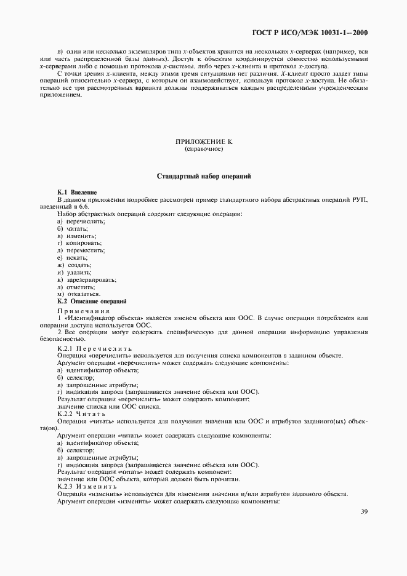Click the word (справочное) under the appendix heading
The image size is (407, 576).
pyautogui.click(x=203, y=150)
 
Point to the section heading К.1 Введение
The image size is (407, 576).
pyautogui.click(x=77, y=193)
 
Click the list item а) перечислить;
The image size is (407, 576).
pyautogui.click(x=81, y=222)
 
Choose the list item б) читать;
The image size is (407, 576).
pyautogui.click(x=73, y=229)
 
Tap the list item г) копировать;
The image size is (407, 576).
pyautogui.click(x=79, y=244)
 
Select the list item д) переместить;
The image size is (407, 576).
pyautogui.click(x=82, y=251)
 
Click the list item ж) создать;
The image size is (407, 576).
pyautogui.click(x=75, y=265)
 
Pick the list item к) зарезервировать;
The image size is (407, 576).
pyautogui.click(x=87, y=280)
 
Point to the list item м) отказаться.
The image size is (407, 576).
pyautogui.click(x=78, y=294)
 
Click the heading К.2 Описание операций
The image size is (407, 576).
pyautogui.click(x=92, y=302)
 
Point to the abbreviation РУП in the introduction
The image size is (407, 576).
pyautogui.click(x=359, y=200)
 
